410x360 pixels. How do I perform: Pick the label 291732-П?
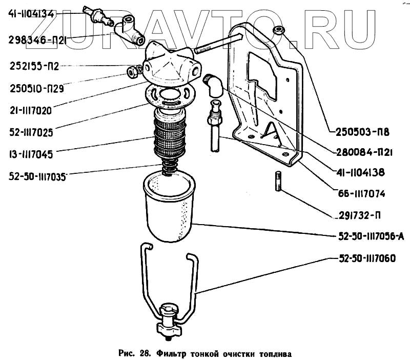[x=362, y=215]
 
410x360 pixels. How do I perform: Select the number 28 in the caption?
[x=143, y=353]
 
